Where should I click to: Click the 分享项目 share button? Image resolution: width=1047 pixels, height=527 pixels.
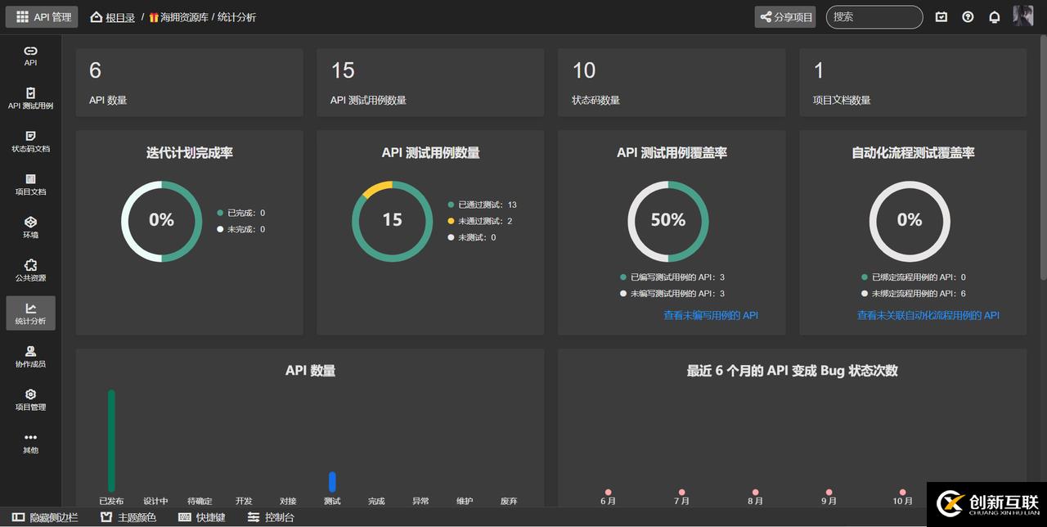[785, 17]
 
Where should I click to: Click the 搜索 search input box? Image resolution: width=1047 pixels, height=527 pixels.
[874, 17]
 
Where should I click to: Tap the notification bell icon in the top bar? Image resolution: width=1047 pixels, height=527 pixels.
[995, 17]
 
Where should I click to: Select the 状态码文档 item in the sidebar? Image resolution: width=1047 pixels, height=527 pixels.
[30, 141]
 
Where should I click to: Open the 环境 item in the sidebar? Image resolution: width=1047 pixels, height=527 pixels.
[30, 227]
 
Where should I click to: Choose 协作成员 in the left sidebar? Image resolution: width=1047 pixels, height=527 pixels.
[30, 356]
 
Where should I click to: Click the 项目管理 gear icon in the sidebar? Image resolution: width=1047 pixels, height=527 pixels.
[30, 394]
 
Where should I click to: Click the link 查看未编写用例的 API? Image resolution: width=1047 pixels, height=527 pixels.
[711, 315]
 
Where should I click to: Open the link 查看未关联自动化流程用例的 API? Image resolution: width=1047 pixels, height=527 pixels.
[928, 315]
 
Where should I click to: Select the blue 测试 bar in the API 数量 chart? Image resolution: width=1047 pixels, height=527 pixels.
[332, 482]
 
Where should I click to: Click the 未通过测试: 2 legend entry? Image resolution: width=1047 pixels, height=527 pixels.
[484, 221]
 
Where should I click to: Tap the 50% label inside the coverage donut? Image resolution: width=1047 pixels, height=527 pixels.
[667, 220]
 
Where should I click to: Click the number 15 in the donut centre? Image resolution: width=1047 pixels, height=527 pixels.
[393, 220]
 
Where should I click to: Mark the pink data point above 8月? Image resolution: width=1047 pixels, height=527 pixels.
[755, 493]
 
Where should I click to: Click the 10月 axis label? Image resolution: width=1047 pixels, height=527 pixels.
[902, 501]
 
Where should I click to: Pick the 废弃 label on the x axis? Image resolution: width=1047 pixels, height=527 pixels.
[508, 501]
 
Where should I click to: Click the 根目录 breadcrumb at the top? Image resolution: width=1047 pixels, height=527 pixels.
[119, 17]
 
